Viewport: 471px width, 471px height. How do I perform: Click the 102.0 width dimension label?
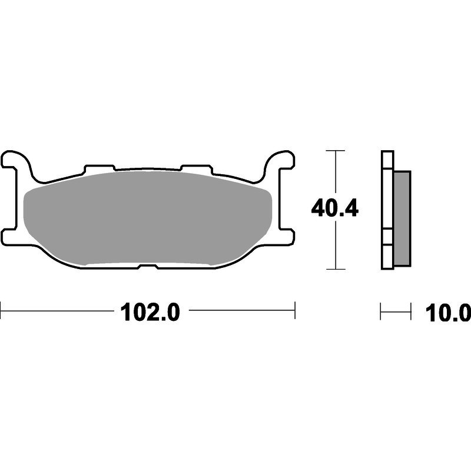(150, 312)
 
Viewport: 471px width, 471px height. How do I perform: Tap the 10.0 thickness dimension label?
(447, 313)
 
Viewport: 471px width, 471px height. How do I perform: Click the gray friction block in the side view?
(402, 218)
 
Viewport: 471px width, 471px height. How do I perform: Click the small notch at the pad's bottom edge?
(148, 266)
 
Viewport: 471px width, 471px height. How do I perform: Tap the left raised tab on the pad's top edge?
(99, 168)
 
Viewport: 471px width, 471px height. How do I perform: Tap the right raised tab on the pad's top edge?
(197, 168)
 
